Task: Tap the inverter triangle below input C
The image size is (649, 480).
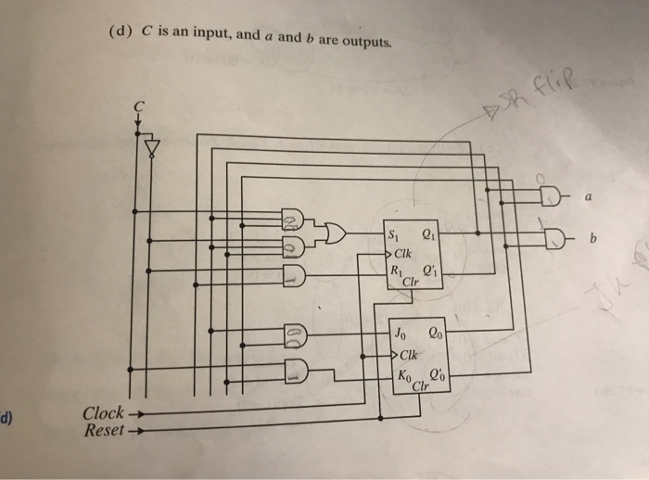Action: tap(152, 147)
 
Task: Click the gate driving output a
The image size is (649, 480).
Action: tap(552, 196)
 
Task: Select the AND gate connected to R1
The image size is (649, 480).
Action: tap(292, 274)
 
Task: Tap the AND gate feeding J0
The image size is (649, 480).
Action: tap(292, 332)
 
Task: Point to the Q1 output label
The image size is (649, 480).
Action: tap(427, 234)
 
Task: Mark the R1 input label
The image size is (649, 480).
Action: tap(396, 272)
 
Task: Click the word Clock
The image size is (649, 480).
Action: tap(102, 413)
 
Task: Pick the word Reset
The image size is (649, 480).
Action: tap(104, 431)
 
